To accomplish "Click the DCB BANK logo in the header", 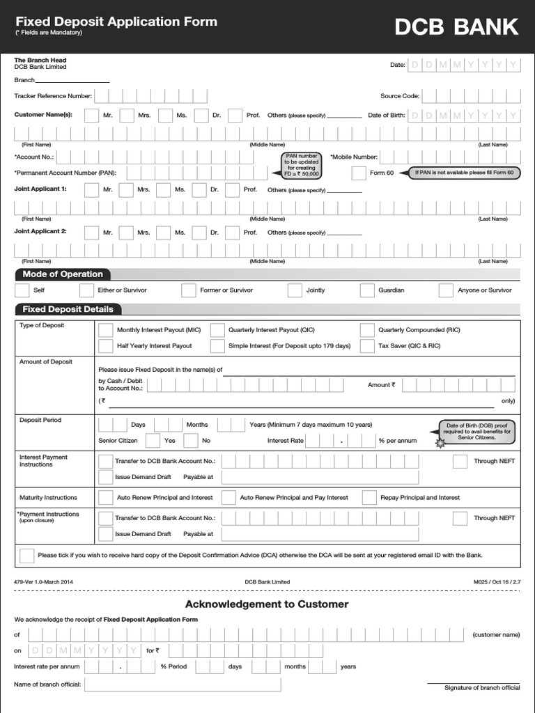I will [456, 26].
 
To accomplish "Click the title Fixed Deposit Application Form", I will [116, 22].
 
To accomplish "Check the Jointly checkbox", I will [295, 290].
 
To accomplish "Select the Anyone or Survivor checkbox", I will [447, 290].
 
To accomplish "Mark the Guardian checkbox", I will [367, 290].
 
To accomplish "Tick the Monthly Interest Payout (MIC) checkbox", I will [106, 330].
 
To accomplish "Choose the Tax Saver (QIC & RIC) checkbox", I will [367, 345].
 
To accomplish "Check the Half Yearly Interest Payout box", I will [106, 345].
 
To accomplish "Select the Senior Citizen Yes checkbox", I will [153, 441].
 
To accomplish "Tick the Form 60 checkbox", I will [358, 173].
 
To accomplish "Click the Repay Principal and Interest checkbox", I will [367, 498].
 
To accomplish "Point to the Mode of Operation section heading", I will [63, 274].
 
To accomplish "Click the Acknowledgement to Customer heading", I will [267, 604].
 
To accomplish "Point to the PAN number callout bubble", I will [302, 165].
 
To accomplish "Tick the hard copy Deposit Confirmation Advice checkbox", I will [27, 555].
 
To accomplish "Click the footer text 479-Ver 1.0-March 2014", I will [43, 581].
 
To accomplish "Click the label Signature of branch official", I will [482, 688].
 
